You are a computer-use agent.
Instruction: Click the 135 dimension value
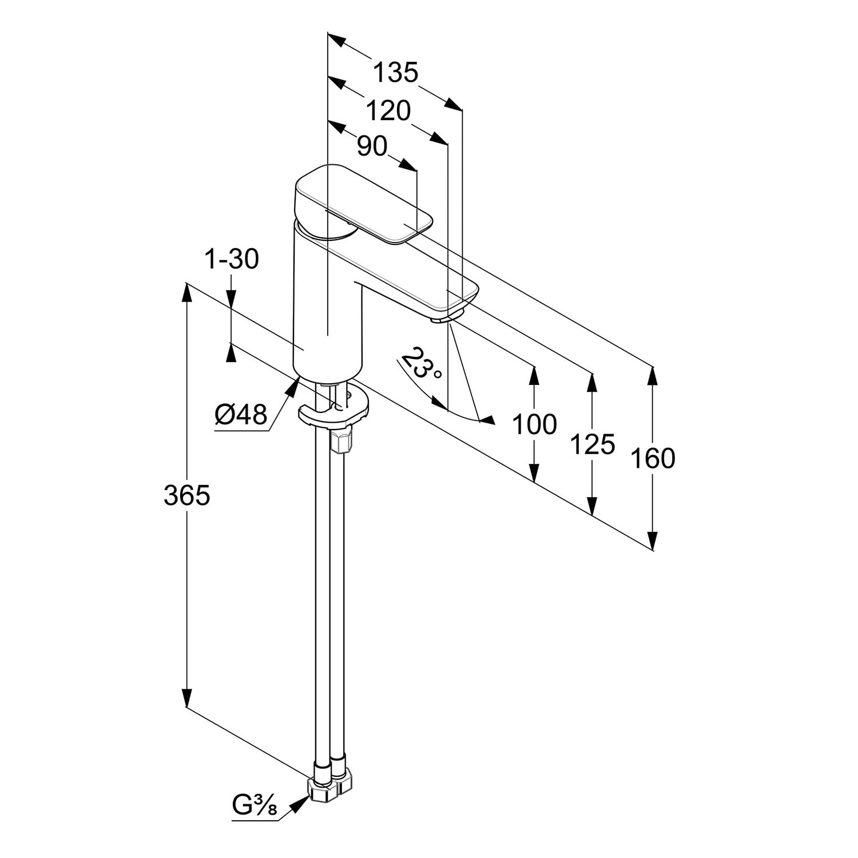pyautogui.click(x=396, y=73)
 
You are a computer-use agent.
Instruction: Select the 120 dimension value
pyautogui.click(x=388, y=111)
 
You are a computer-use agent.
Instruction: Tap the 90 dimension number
pyautogui.click(x=372, y=146)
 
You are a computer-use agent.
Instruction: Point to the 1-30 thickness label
pyautogui.click(x=231, y=260)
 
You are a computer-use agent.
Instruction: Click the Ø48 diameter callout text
pyautogui.click(x=241, y=414)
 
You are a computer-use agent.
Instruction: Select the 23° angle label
pyautogui.click(x=422, y=364)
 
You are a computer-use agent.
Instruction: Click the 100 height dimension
pyautogui.click(x=534, y=424)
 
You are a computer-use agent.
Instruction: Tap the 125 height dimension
pyautogui.click(x=593, y=444)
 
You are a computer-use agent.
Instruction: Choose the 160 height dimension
pyautogui.click(x=653, y=459)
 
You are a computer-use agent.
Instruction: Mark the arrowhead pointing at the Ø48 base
pyautogui.click(x=292, y=387)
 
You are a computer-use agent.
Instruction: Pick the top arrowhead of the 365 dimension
pyautogui.click(x=186, y=293)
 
